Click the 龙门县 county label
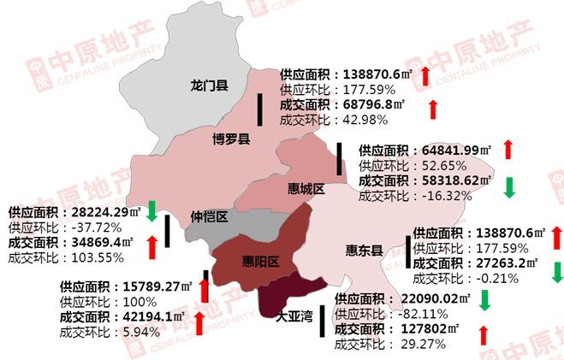pyautogui.click(x=210, y=86)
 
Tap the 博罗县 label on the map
pyautogui.click(x=231, y=139)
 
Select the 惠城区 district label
pyautogui.click(x=307, y=189)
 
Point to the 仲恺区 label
pyautogui.click(x=209, y=216)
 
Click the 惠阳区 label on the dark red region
pyautogui.click(x=258, y=262)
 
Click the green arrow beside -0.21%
pyautogui.click(x=557, y=272)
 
